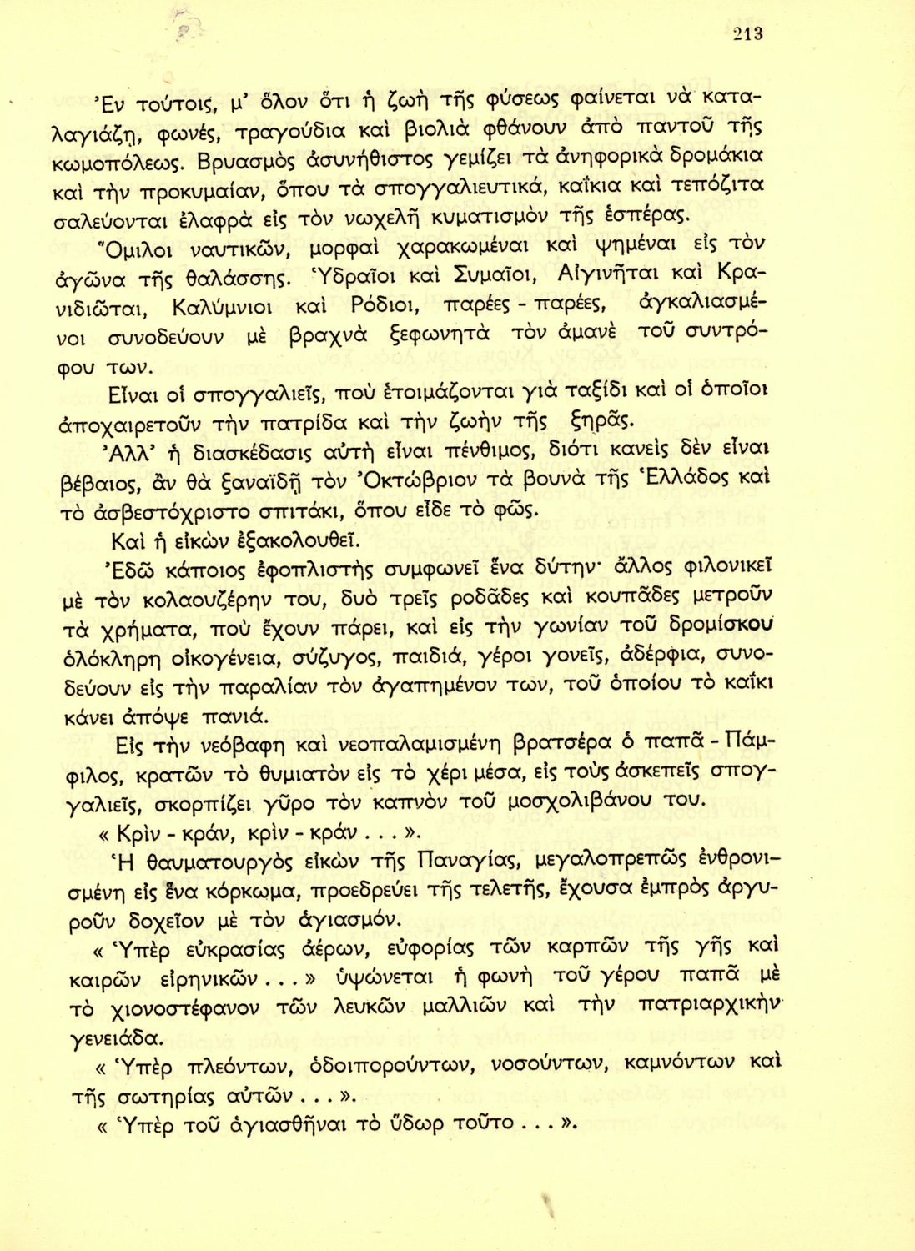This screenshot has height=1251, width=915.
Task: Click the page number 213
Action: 748,34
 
